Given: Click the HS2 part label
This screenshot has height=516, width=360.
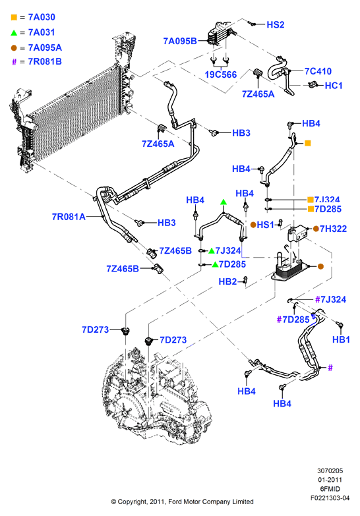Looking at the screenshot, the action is pyautogui.click(x=276, y=24).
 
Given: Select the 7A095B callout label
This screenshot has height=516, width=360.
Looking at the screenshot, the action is pyautogui.click(x=180, y=41).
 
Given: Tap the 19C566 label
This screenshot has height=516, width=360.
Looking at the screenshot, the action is pyautogui.click(x=221, y=74).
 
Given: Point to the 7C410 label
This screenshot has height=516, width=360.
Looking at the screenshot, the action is pyautogui.click(x=318, y=71).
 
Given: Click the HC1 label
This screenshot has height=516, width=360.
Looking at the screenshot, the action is pyautogui.click(x=334, y=86).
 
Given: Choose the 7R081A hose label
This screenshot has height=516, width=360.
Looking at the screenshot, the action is pyautogui.click(x=69, y=217).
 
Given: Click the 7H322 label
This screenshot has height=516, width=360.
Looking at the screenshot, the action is pyautogui.click(x=333, y=229).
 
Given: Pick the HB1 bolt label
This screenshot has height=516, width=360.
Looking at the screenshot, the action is pyautogui.click(x=341, y=339).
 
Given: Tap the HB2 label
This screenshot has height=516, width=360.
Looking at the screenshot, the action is pyautogui.click(x=227, y=281).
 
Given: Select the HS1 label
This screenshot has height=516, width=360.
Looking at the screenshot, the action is pyautogui.click(x=265, y=225).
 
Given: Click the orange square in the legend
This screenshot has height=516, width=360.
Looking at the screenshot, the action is pyautogui.click(x=14, y=17).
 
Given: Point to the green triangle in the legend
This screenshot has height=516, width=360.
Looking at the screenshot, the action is pyautogui.click(x=14, y=32).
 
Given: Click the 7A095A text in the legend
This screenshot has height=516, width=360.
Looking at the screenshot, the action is pyautogui.click(x=45, y=47).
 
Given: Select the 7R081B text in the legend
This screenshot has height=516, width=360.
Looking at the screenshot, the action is pyautogui.click(x=45, y=62).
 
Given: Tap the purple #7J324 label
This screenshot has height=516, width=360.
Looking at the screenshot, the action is pyautogui.click(x=331, y=299).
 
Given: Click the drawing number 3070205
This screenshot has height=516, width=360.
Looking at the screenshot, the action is pyautogui.click(x=330, y=471).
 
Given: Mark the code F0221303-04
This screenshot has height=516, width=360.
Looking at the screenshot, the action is pyautogui.click(x=330, y=498).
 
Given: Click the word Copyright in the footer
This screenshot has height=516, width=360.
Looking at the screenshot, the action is pyautogui.click(x=132, y=502).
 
